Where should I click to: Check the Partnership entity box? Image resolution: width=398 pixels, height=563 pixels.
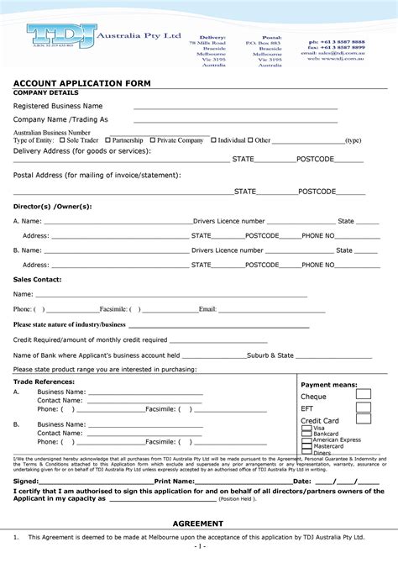pyautogui.click(x=108, y=140)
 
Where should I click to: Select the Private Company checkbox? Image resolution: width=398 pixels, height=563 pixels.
pyautogui.click(x=153, y=140)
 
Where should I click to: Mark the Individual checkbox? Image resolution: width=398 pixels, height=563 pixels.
pyautogui.click(x=213, y=140)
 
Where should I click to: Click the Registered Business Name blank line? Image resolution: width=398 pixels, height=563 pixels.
pyautogui.click(x=235, y=108)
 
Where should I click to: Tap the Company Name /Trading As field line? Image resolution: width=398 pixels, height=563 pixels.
pyautogui.click(x=235, y=122)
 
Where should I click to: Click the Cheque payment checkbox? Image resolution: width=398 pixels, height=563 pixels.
pyautogui.click(x=363, y=395)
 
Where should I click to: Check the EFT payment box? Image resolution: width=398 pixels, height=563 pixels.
pyautogui.click(x=363, y=408)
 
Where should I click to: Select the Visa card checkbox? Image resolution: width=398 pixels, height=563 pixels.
pyautogui.click(x=307, y=428)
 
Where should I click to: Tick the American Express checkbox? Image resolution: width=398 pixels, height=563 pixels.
pyautogui.click(x=307, y=440)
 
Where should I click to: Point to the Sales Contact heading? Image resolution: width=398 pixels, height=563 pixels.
pyautogui.click(x=37, y=278)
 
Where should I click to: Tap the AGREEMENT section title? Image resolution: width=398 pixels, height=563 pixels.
pyautogui.click(x=198, y=523)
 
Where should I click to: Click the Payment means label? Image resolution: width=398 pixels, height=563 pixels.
pyautogui.click(x=328, y=384)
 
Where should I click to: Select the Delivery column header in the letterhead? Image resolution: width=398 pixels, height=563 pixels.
pyautogui.click(x=212, y=38)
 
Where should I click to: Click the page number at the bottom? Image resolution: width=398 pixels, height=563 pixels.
pyautogui.click(x=199, y=545)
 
